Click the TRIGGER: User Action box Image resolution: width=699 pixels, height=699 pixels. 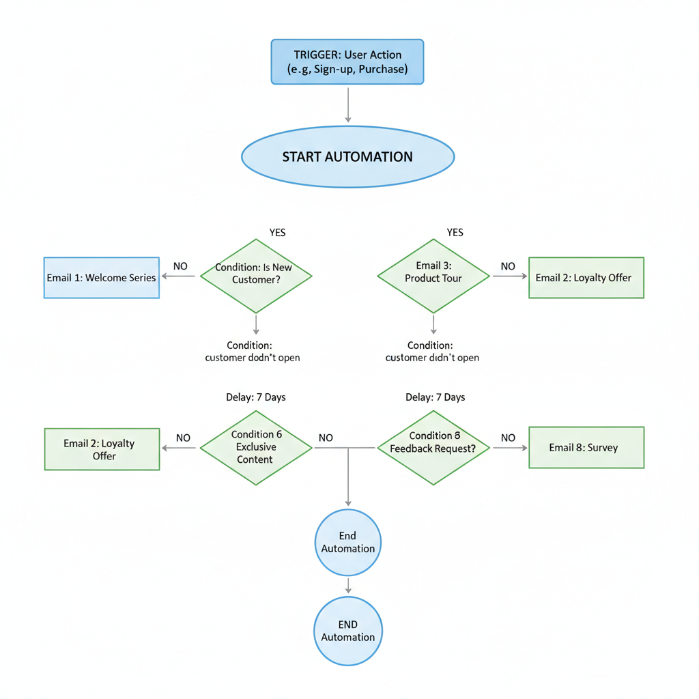pyautogui.click(x=347, y=62)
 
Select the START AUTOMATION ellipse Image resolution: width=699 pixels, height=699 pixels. pyautogui.click(x=347, y=156)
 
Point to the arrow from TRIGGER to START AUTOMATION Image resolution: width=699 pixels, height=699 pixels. pyautogui.click(x=348, y=105)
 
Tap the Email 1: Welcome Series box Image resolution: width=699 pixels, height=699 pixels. pyautogui.click(x=102, y=278)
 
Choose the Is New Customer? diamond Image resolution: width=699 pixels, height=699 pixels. pyautogui.click(x=256, y=276)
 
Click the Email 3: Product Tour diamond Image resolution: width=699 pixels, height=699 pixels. pyautogui.click(x=433, y=276)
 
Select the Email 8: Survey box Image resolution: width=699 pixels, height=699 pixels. pyautogui.click(x=586, y=448)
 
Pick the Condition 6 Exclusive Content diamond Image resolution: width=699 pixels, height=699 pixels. pyautogui.click(x=256, y=448)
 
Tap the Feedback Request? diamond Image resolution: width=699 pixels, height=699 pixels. pyautogui.click(x=433, y=448)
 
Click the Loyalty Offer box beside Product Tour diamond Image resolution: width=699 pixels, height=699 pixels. pyautogui.click(x=586, y=278)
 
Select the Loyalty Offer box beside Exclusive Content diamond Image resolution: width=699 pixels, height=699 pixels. pyautogui.click(x=102, y=449)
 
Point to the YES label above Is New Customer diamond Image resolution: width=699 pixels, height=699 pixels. pyautogui.click(x=277, y=233)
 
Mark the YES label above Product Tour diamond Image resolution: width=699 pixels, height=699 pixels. pyautogui.click(x=455, y=233)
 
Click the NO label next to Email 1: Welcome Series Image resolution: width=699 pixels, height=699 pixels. pyautogui.click(x=180, y=266)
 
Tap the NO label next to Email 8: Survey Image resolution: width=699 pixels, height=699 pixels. pyautogui.click(x=508, y=438)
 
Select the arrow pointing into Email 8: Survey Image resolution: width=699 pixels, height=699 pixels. pyautogui.click(x=510, y=448)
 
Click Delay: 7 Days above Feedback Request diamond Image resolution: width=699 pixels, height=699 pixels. pyautogui.click(x=435, y=397)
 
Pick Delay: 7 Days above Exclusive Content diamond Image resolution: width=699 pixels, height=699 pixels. pyautogui.click(x=255, y=397)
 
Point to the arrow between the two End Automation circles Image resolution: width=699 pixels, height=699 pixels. pyautogui.click(x=348, y=585)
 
